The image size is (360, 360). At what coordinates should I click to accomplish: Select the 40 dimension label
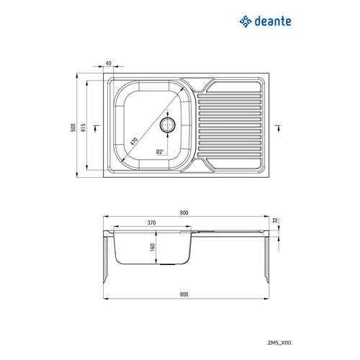pos(109,64)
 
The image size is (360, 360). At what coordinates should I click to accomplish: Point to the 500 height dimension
pos(73,127)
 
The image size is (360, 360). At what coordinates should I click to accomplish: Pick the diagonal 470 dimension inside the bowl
pos(134,143)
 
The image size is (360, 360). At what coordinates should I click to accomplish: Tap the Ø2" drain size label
pos(160,152)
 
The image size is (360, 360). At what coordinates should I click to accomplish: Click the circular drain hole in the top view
pos(168,125)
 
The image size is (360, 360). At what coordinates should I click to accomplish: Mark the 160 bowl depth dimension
pos(153,247)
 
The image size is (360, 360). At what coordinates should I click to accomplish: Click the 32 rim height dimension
pos(275,221)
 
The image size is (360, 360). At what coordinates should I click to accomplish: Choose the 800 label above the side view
pos(184,212)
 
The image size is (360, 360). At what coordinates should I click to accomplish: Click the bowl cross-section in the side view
pos(151,248)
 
